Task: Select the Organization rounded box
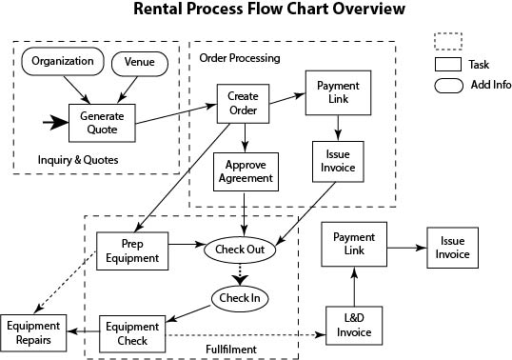(62, 62)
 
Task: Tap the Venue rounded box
(139, 63)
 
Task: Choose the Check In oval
(241, 299)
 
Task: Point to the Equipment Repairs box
(33, 331)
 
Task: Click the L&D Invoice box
(353, 326)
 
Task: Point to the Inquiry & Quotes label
(78, 159)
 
